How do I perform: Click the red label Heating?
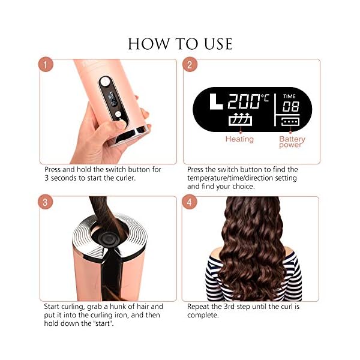pos(239,139)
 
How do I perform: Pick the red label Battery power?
pos(292,142)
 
